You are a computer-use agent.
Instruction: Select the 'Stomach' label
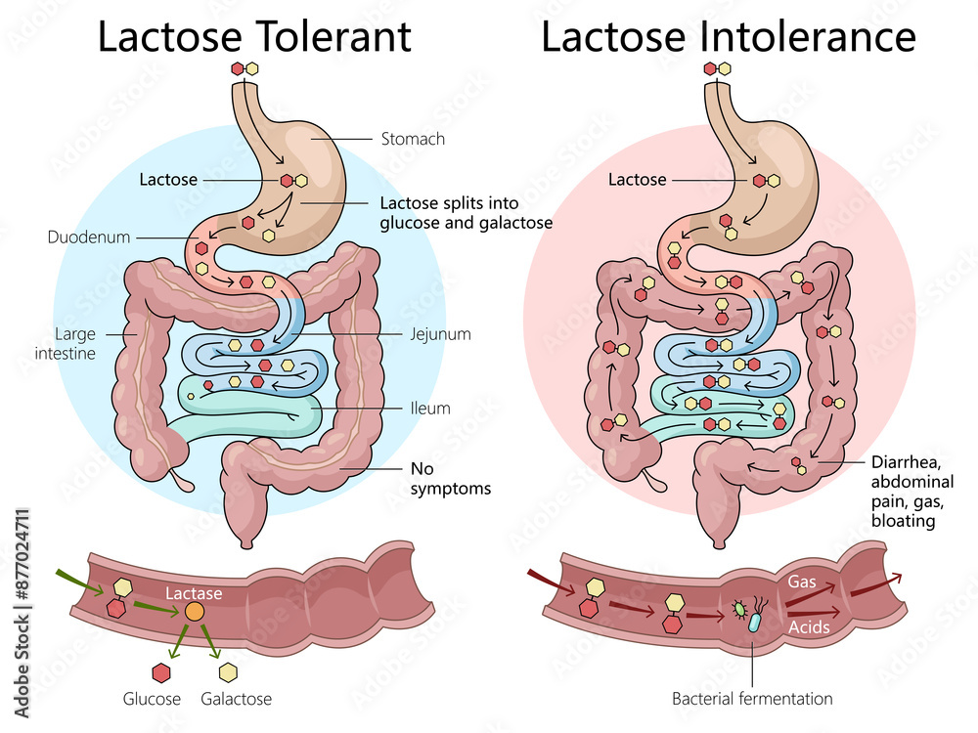point(413,139)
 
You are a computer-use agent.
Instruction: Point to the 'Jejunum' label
point(440,334)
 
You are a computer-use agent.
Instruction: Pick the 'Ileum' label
point(430,408)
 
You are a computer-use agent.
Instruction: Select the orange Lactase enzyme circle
point(195,612)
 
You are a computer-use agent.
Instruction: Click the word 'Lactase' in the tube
point(194,593)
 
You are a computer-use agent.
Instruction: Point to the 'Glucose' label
point(152,699)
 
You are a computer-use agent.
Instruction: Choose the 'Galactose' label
point(236,699)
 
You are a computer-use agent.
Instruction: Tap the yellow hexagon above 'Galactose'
point(229,672)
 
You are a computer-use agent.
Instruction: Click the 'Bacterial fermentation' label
point(752,699)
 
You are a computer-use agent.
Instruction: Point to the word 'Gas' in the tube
point(802,582)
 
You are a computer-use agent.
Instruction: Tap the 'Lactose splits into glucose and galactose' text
point(466,213)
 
